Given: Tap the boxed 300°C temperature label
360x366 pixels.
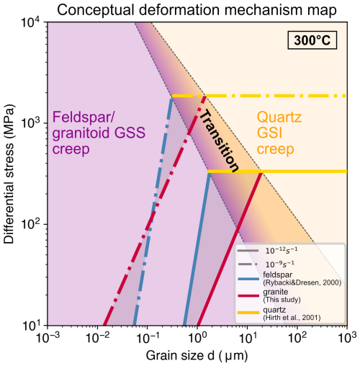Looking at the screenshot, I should [315, 40].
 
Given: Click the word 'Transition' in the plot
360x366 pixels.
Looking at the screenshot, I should [218, 141].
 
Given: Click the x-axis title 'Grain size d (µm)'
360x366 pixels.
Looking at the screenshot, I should [197, 355].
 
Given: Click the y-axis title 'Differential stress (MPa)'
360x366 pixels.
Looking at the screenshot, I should [10, 174].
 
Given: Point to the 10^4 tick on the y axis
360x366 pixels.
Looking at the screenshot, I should [32, 22].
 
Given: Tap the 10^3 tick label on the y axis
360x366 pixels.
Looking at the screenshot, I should [32, 123].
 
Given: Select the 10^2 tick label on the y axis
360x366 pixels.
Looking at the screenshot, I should [32, 224].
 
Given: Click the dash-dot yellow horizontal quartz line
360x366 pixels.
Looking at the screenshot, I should [288, 96].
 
